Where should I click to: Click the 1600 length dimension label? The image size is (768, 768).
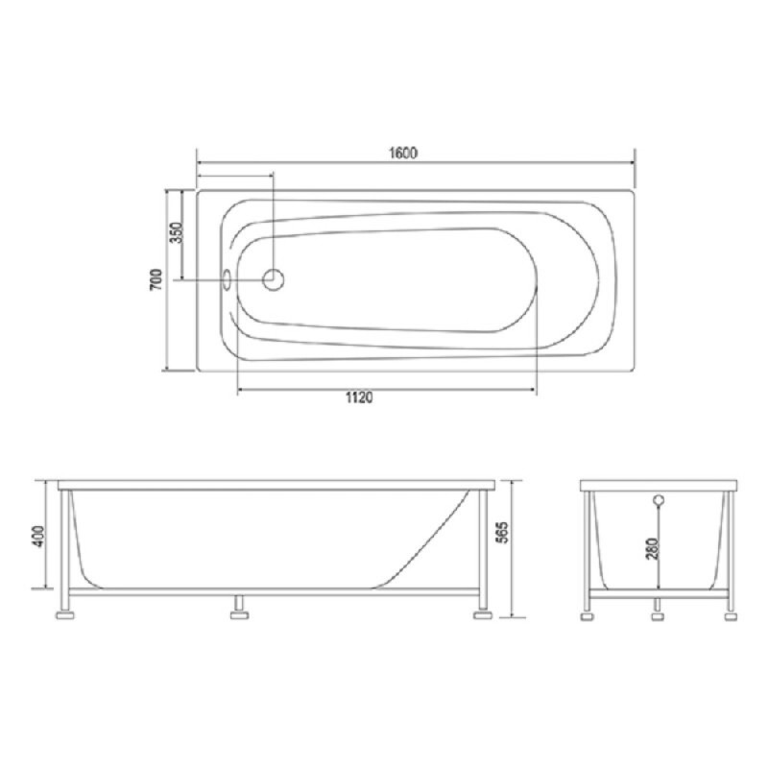[403, 154]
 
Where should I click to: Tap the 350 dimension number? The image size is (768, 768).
[176, 232]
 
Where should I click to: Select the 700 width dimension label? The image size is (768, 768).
[156, 280]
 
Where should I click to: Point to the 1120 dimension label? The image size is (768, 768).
[359, 397]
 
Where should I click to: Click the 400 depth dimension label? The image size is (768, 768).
[38, 537]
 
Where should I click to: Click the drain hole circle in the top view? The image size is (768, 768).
[274, 279]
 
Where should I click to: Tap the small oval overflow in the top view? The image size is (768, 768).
[228, 279]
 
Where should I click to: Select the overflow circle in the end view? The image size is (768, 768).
[659, 500]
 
